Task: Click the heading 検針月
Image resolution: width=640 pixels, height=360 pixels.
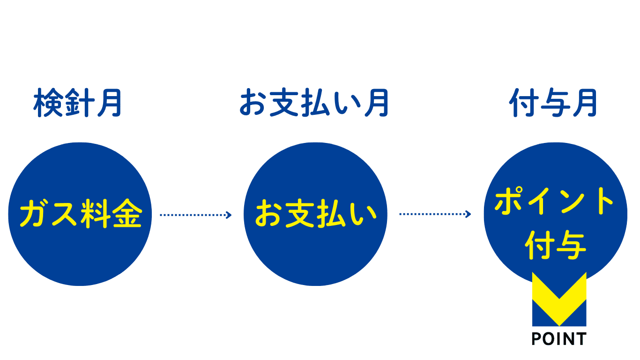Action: coord(78,103)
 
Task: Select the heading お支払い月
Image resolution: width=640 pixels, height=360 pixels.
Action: coord(314,103)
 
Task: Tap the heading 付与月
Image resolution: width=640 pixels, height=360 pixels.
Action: coord(553,103)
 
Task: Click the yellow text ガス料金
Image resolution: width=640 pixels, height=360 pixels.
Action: coord(81,213)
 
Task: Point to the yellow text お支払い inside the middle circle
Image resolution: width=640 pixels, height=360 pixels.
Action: coord(315,213)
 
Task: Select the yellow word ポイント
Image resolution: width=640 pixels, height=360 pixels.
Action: coord(554,201)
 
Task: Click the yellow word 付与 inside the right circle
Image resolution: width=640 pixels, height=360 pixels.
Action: coord(555,245)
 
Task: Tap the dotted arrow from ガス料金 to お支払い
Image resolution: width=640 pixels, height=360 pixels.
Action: coord(196,215)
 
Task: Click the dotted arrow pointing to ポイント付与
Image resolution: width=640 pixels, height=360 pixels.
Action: coord(435,214)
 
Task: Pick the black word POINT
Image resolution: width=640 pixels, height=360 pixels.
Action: coord(559,339)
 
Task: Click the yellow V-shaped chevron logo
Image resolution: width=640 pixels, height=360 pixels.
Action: coord(559,299)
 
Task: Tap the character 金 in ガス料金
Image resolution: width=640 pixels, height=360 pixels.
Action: coord(127,213)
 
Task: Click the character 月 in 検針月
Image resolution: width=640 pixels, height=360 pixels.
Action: coord(110,103)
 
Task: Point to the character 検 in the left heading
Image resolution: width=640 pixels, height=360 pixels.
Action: coord(48,103)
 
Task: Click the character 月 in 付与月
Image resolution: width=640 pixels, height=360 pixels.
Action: coord(585,103)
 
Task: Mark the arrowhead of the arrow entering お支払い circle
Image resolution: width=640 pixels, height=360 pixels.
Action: coord(229,215)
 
